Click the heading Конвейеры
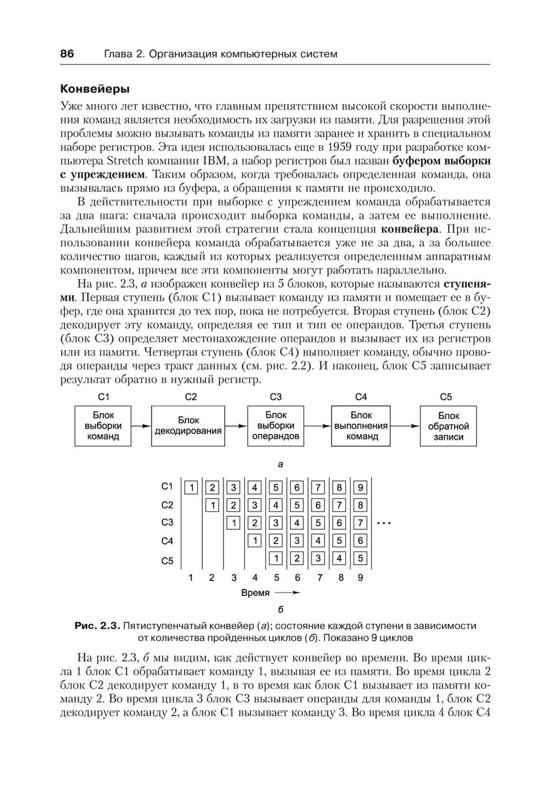tap(94, 88)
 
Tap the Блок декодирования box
tap(188, 426)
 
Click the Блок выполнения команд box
tap(361, 426)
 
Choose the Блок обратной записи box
tap(448, 426)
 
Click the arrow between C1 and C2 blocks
tap(142, 426)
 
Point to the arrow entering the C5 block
tap(406, 426)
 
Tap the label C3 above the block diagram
tap(276, 396)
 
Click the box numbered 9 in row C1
tap(360, 488)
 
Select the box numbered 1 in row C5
tap(275, 558)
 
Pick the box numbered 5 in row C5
tap(360, 558)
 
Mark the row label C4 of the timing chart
tap(168, 542)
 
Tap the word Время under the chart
tap(256, 593)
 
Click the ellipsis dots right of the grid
tap(383, 521)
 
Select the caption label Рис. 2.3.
tap(97, 626)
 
